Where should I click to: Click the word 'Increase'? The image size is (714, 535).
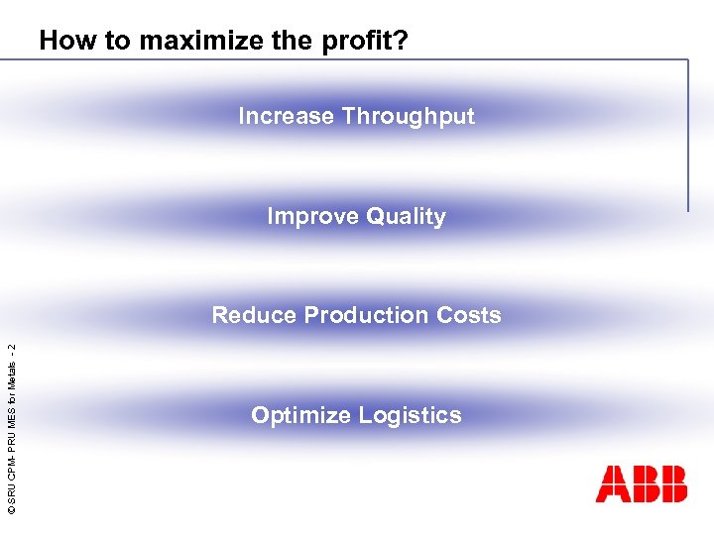[286, 116]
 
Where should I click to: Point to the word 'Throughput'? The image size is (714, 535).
[408, 117]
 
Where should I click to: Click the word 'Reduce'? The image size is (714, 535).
[254, 315]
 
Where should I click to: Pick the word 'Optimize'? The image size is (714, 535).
[297, 416]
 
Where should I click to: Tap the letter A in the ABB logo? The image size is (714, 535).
[611, 483]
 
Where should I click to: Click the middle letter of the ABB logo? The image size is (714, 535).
[642, 483]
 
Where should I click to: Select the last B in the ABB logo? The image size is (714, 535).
[671, 483]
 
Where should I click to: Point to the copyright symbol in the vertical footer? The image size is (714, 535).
[10, 508]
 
